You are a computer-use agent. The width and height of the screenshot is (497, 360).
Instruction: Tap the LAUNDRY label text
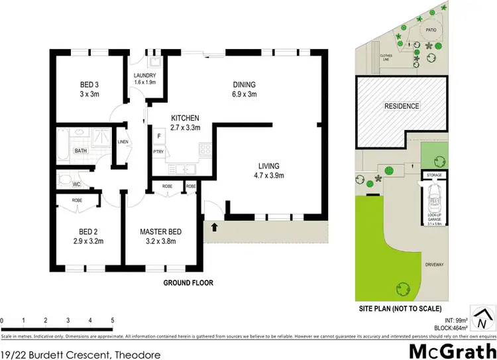click(x=144, y=78)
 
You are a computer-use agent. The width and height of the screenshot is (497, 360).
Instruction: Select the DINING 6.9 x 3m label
click(x=244, y=89)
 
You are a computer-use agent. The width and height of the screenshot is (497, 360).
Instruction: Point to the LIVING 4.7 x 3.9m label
click(x=269, y=170)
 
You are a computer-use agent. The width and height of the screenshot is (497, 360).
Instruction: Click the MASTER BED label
click(x=161, y=235)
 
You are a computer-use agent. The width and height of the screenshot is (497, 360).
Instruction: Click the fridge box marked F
click(x=159, y=138)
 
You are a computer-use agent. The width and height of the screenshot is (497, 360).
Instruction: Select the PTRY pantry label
click(x=159, y=152)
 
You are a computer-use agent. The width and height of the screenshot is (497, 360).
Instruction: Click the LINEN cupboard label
click(x=123, y=142)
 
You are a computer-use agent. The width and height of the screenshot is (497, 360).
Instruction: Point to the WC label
click(x=76, y=184)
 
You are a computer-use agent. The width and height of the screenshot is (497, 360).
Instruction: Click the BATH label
click(x=81, y=151)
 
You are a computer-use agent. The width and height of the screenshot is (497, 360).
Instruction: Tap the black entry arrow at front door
click(x=213, y=227)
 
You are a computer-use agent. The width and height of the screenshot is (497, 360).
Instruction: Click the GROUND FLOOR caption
click(x=190, y=282)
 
